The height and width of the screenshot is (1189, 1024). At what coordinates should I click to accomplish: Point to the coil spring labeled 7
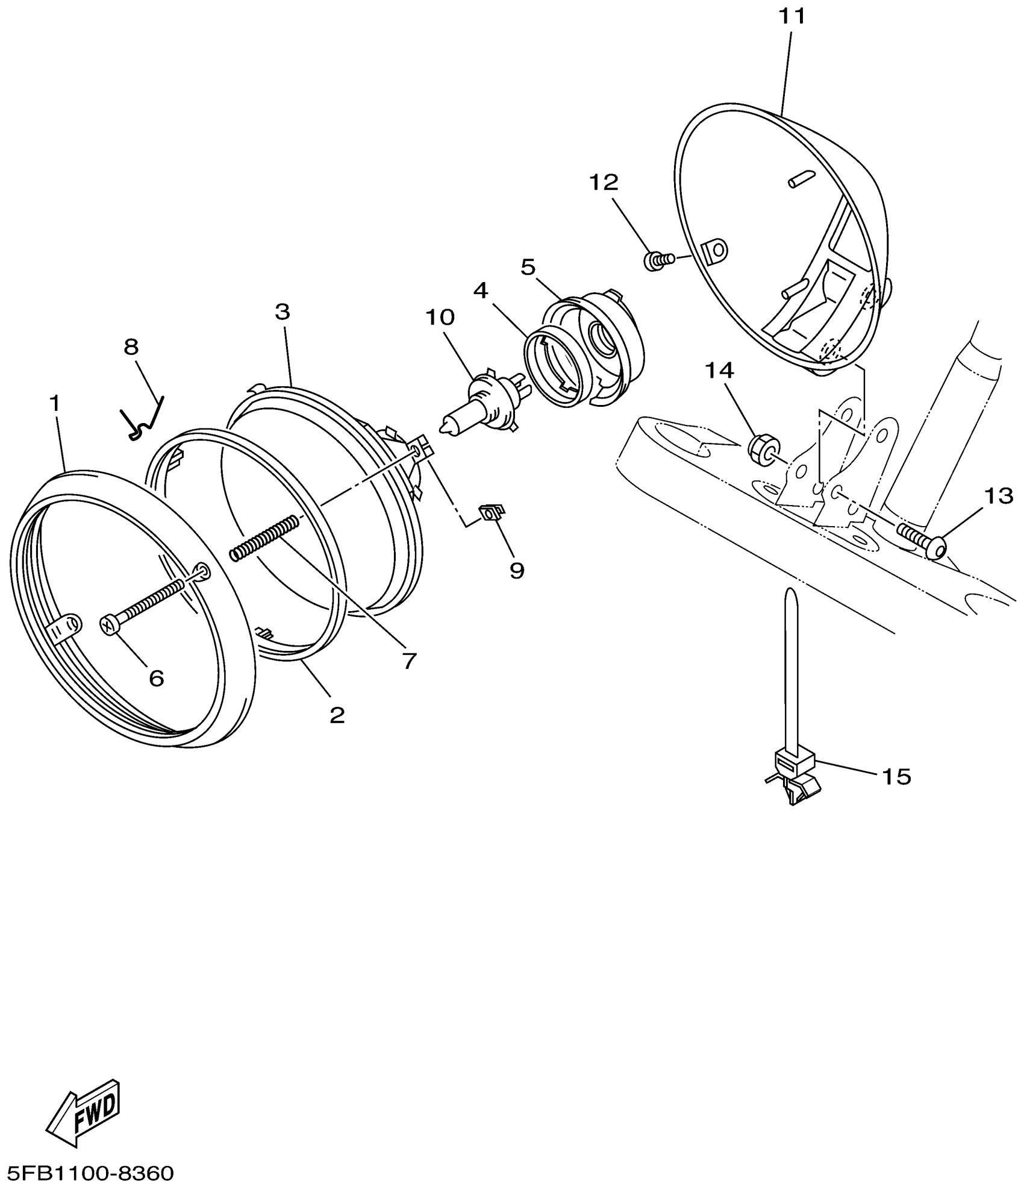point(265,538)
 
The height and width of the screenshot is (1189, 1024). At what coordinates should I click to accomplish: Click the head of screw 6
point(108,626)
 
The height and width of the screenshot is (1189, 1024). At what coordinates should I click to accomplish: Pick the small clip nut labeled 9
point(491,512)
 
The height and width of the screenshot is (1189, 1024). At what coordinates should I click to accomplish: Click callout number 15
point(896,777)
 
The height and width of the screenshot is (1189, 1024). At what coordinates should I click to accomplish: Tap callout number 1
point(55,404)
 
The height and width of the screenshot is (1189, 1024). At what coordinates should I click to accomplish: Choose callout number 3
point(283,312)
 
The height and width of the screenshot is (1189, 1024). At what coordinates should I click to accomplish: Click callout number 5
point(528,267)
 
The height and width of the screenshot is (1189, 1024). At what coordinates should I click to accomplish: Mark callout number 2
point(337,715)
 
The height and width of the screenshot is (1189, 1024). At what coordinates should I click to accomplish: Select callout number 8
point(131,347)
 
